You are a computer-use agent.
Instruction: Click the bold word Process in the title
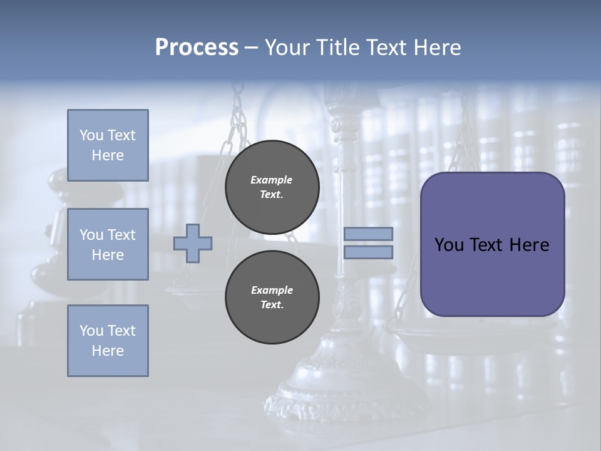tap(197, 48)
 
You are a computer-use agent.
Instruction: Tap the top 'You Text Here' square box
tap(108, 145)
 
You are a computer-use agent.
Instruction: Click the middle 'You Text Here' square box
tap(108, 244)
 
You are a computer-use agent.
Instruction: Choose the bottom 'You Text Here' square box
tap(108, 340)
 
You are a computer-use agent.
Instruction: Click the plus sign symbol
tap(193, 244)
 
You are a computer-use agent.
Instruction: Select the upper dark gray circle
tap(272, 187)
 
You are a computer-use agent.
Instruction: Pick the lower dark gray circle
tap(272, 298)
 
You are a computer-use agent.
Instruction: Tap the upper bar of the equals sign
tap(369, 234)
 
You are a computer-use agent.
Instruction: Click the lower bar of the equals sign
tap(369, 252)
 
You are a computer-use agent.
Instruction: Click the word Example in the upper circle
tap(272, 180)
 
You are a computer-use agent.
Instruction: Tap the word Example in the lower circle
tap(272, 290)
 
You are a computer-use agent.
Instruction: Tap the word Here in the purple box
tap(529, 245)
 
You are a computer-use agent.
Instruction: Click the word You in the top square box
tap(91, 135)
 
